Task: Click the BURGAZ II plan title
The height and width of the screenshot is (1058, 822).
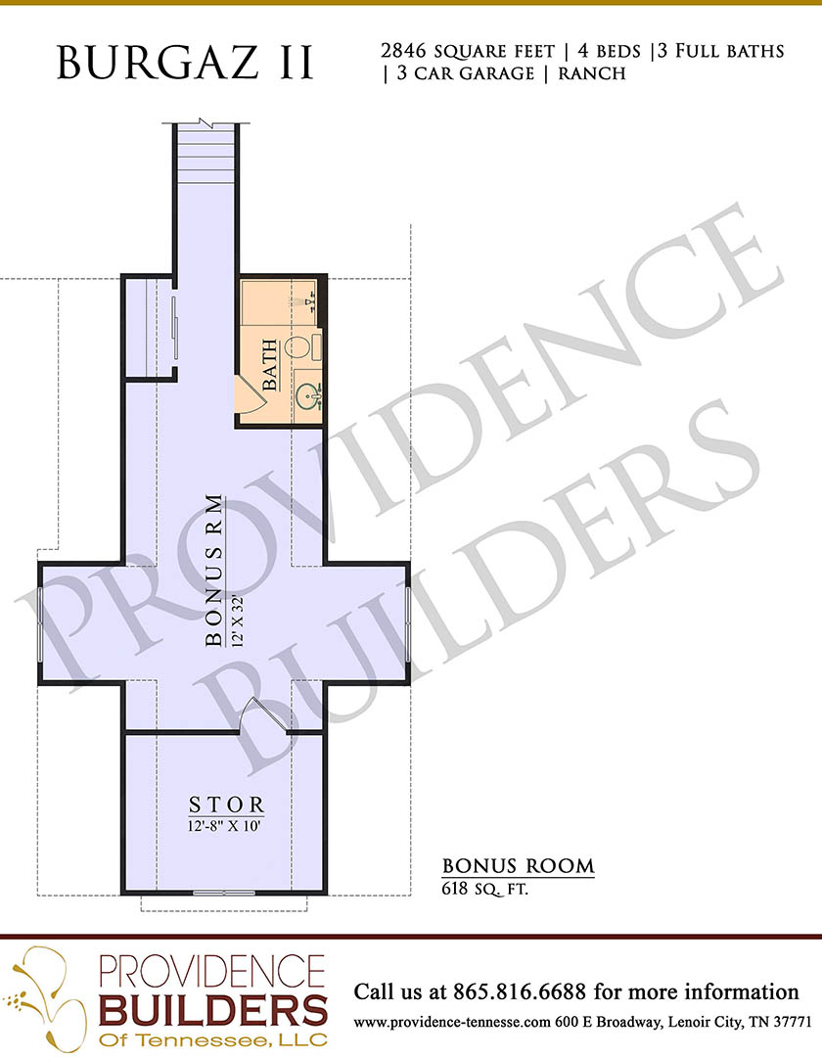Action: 186,63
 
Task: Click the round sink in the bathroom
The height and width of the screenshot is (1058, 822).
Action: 307,396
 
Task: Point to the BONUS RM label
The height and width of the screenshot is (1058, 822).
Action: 214,571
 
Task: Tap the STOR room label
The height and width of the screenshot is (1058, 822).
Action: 226,805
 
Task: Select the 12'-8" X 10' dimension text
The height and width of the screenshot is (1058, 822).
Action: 225,826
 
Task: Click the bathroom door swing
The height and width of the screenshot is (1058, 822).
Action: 251,391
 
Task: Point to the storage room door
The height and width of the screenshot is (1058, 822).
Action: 266,713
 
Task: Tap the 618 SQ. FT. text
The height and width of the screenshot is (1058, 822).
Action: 484,889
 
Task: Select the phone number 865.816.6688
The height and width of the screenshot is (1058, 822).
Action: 520,991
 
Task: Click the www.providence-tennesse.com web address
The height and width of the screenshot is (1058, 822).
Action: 452,1023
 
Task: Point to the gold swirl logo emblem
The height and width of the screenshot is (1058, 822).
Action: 47,997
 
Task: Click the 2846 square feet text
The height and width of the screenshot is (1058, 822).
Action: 468,51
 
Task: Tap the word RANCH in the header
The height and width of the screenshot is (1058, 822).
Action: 592,72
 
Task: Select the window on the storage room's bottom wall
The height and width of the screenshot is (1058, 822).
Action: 224,893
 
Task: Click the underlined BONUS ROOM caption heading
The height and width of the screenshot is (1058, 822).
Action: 519,866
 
